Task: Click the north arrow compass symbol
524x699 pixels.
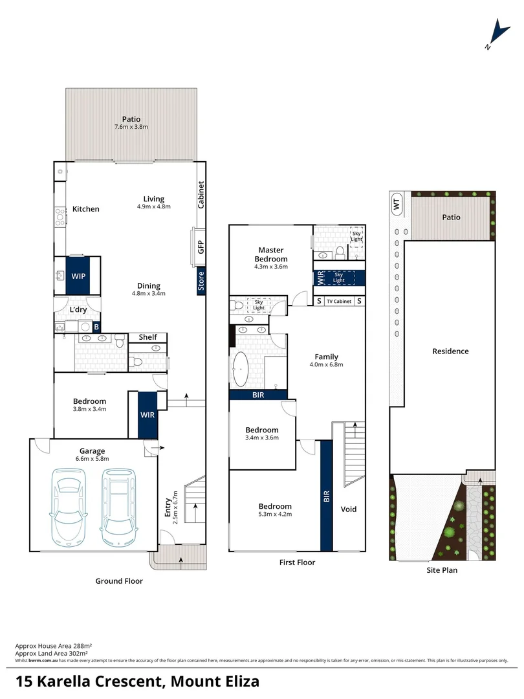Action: coord(497,33)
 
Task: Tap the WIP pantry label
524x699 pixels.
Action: coord(78,276)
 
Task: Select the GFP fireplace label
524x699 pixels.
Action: coord(201,247)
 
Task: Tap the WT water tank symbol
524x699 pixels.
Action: coord(396,204)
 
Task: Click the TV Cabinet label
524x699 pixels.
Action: coord(339,302)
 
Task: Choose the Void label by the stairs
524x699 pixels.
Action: coord(349,509)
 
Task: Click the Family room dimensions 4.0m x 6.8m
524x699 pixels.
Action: coord(326,365)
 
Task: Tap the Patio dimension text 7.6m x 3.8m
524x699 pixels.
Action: coord(131,128)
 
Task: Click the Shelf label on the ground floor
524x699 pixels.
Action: coord(147,337)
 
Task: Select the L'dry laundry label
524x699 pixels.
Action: coord(78,310)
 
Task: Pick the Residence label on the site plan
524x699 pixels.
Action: coord(450,351)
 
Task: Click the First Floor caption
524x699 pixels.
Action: coord(297,562)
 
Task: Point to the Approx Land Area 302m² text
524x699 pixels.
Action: coord(53,654)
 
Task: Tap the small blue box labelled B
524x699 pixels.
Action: coord(96,327)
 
